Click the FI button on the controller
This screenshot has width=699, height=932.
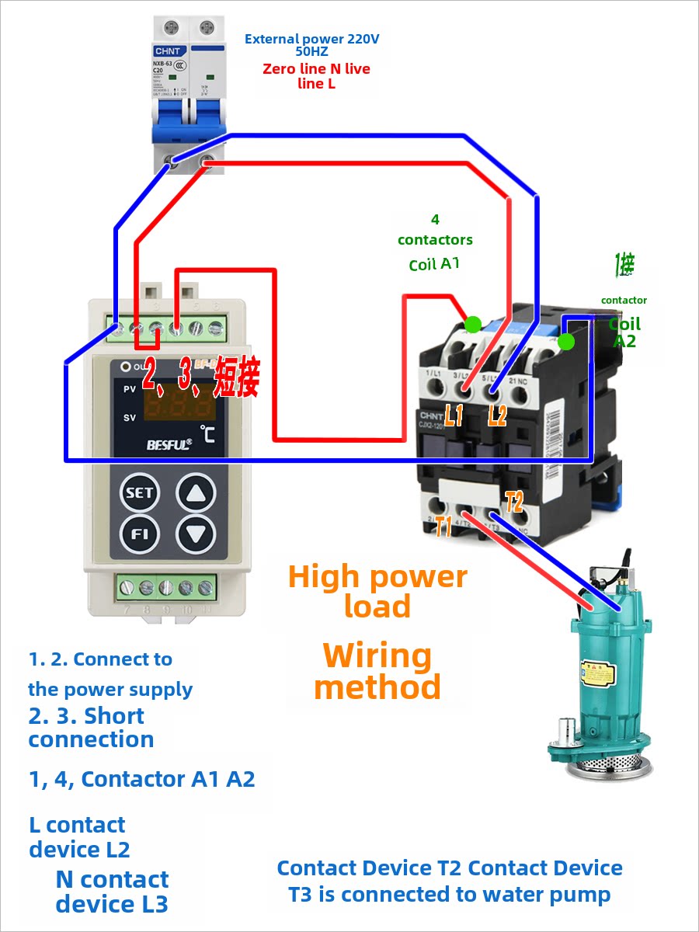point(140,534)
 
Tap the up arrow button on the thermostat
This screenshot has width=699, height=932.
point(196,492)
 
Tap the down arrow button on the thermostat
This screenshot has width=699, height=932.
point(196,534)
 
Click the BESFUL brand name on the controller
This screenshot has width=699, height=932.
point(169,445)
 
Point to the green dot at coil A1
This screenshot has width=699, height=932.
point(471,323)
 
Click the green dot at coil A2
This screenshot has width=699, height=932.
point(567,341)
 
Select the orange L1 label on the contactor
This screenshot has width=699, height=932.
point(454,416)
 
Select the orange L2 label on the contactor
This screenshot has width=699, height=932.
point(497,416)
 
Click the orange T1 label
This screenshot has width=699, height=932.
point(443,527)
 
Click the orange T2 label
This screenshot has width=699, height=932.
point(513,501)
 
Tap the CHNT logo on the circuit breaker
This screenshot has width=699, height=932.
point(167,51)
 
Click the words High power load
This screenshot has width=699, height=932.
point(377,591)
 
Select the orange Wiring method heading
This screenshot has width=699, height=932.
point(377,672)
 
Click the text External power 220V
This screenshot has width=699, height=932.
point(312,38)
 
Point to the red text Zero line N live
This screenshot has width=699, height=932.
point(316,69)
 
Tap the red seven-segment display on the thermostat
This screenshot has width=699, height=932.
point(178,404)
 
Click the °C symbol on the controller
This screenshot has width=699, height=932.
point(207,432)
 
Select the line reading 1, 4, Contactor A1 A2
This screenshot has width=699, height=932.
point(142,779)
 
